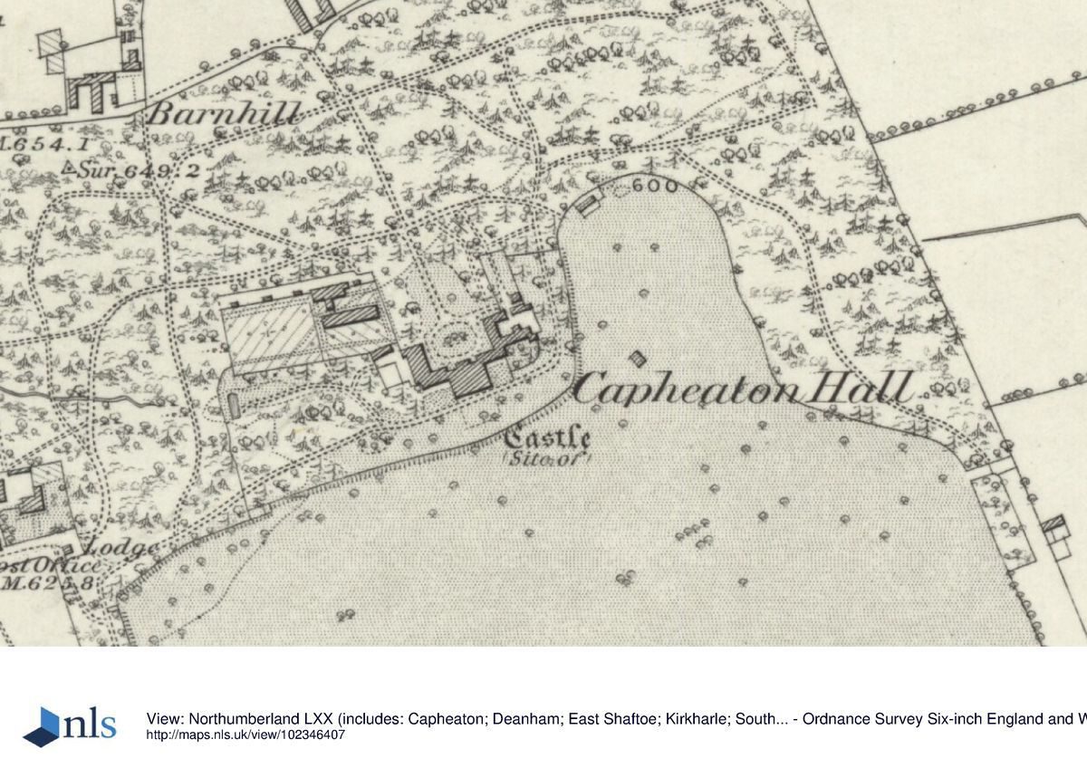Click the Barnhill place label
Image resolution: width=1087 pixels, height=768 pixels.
pyautogui.click(x=221, y=115)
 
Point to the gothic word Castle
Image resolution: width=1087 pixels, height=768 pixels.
pyautogui.click(x=547, y=439)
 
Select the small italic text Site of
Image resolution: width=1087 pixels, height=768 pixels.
pyautogui.click(x=546, y=459)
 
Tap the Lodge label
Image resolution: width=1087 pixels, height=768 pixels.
pyautogui.click(x=121, y=547)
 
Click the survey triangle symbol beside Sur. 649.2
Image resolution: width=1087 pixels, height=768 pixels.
pyautogui.click(x=68, y=167)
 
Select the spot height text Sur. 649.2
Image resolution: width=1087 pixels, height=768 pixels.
pyautogui.click(x=136, y=169)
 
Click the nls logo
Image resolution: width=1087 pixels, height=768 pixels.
pyautogui.click(x=70, y=725)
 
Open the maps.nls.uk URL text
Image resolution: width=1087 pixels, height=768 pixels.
pyautogui.click(x=245, y=735)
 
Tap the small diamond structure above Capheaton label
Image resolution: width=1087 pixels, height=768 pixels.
pyautogui.click(x=640, y=358)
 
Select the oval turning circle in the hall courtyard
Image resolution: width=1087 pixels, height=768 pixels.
pyautogui.click(x=450, y=343)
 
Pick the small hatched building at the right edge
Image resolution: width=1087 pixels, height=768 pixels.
pyautogui.click(x=1053, y=524)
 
